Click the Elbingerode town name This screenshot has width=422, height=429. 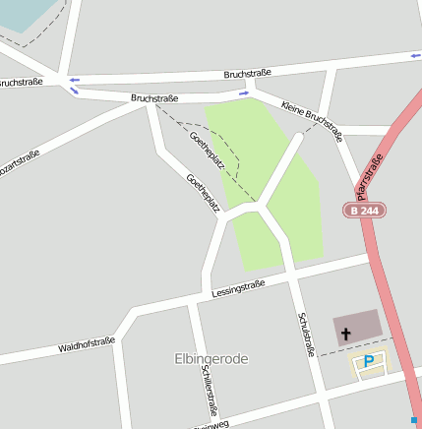(211, 359)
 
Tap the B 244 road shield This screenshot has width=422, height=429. (364, 211)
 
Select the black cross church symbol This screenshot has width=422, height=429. (345, 335)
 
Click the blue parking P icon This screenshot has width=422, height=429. (369, 363)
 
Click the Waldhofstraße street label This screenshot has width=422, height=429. (87, 345)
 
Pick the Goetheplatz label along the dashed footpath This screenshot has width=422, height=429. (207, 151)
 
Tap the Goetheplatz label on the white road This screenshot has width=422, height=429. (202, 193)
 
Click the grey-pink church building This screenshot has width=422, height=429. (356, 327)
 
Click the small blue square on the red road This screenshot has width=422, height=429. (414, 420)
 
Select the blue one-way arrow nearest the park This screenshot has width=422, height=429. (243, 93)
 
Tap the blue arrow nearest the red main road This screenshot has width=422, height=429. (414, 57)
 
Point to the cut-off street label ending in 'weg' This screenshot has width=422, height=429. (211, 425)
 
